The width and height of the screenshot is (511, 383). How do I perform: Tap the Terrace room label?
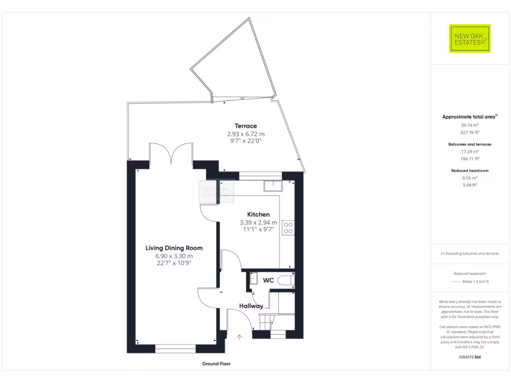click(x=246, y=126)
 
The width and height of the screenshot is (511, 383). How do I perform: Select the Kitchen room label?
click(x=258, y=214)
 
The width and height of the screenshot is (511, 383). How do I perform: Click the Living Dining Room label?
click(x=174, y=248)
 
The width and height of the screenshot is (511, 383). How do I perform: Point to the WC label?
click(x=268, y=280)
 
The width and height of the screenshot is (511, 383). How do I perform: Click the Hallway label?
click(x=251, y=306)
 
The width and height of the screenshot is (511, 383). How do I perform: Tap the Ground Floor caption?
click(x=216, y=364)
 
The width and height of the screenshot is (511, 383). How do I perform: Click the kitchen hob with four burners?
click(x=288, y=227)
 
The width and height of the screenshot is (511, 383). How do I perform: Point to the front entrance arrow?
click(x=240, y=338)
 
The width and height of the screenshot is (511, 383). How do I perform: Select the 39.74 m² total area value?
click(x=469, y=126)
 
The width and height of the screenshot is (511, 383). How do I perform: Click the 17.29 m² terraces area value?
click(x=469, y=151)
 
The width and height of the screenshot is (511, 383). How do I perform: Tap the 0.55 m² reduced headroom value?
click(x=469, y=178)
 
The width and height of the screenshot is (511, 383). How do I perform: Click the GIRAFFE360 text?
click(x=469, y=357)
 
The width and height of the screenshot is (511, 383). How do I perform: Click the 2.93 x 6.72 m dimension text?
click(x=246, y=134)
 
